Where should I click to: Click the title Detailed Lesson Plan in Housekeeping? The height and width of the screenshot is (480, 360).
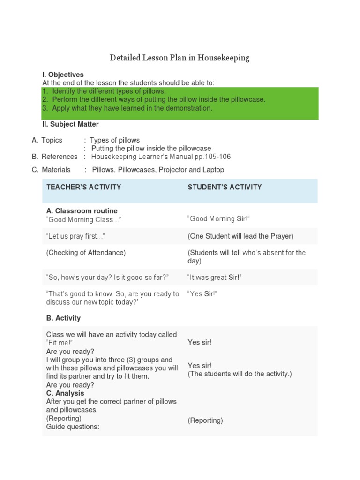click(180, 58)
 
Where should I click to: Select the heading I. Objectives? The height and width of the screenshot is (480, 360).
click(63, 75)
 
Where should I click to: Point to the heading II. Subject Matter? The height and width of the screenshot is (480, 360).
click(70, 124)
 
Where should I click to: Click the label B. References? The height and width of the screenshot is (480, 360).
click(55, 157)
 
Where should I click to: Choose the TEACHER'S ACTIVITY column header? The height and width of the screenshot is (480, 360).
click(83, 187)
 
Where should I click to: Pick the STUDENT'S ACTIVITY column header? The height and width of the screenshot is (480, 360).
click(225, 187)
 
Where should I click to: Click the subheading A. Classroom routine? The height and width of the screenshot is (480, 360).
click(82, 211)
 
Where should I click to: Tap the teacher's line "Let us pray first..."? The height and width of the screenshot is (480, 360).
click(75, 236)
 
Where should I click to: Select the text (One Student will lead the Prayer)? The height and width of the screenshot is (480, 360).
click(240, 236)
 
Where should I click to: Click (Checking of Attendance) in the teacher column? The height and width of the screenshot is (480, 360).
click(86, 253)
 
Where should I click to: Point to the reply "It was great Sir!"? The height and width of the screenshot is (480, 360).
click(215, 277)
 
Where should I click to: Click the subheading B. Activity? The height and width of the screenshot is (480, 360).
click(63, 318)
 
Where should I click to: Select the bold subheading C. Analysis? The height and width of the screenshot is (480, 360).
click(65, 393)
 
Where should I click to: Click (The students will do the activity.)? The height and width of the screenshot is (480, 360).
click(240, 374)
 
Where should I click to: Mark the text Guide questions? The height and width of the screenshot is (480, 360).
click(73, 427)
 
